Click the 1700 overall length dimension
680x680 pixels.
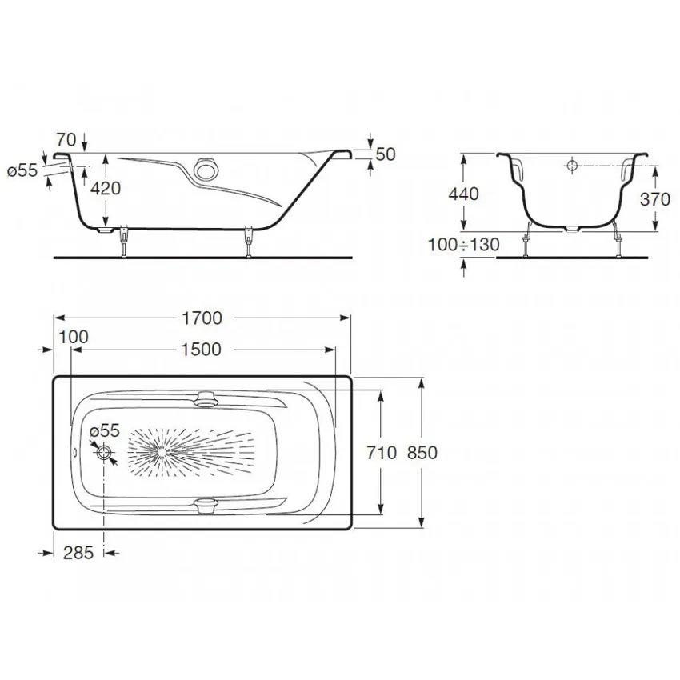(202, 318)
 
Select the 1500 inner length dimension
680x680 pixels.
(201, 350)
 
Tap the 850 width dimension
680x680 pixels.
(422, 453)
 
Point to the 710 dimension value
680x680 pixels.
(382, 453)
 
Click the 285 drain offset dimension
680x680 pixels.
(78, 553)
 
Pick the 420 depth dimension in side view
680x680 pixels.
(106, 189)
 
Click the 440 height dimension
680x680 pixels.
(463, 194)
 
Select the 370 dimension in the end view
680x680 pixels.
(655, 199)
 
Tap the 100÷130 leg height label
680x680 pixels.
(463, 245)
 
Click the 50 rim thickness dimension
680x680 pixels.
(386, 154)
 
